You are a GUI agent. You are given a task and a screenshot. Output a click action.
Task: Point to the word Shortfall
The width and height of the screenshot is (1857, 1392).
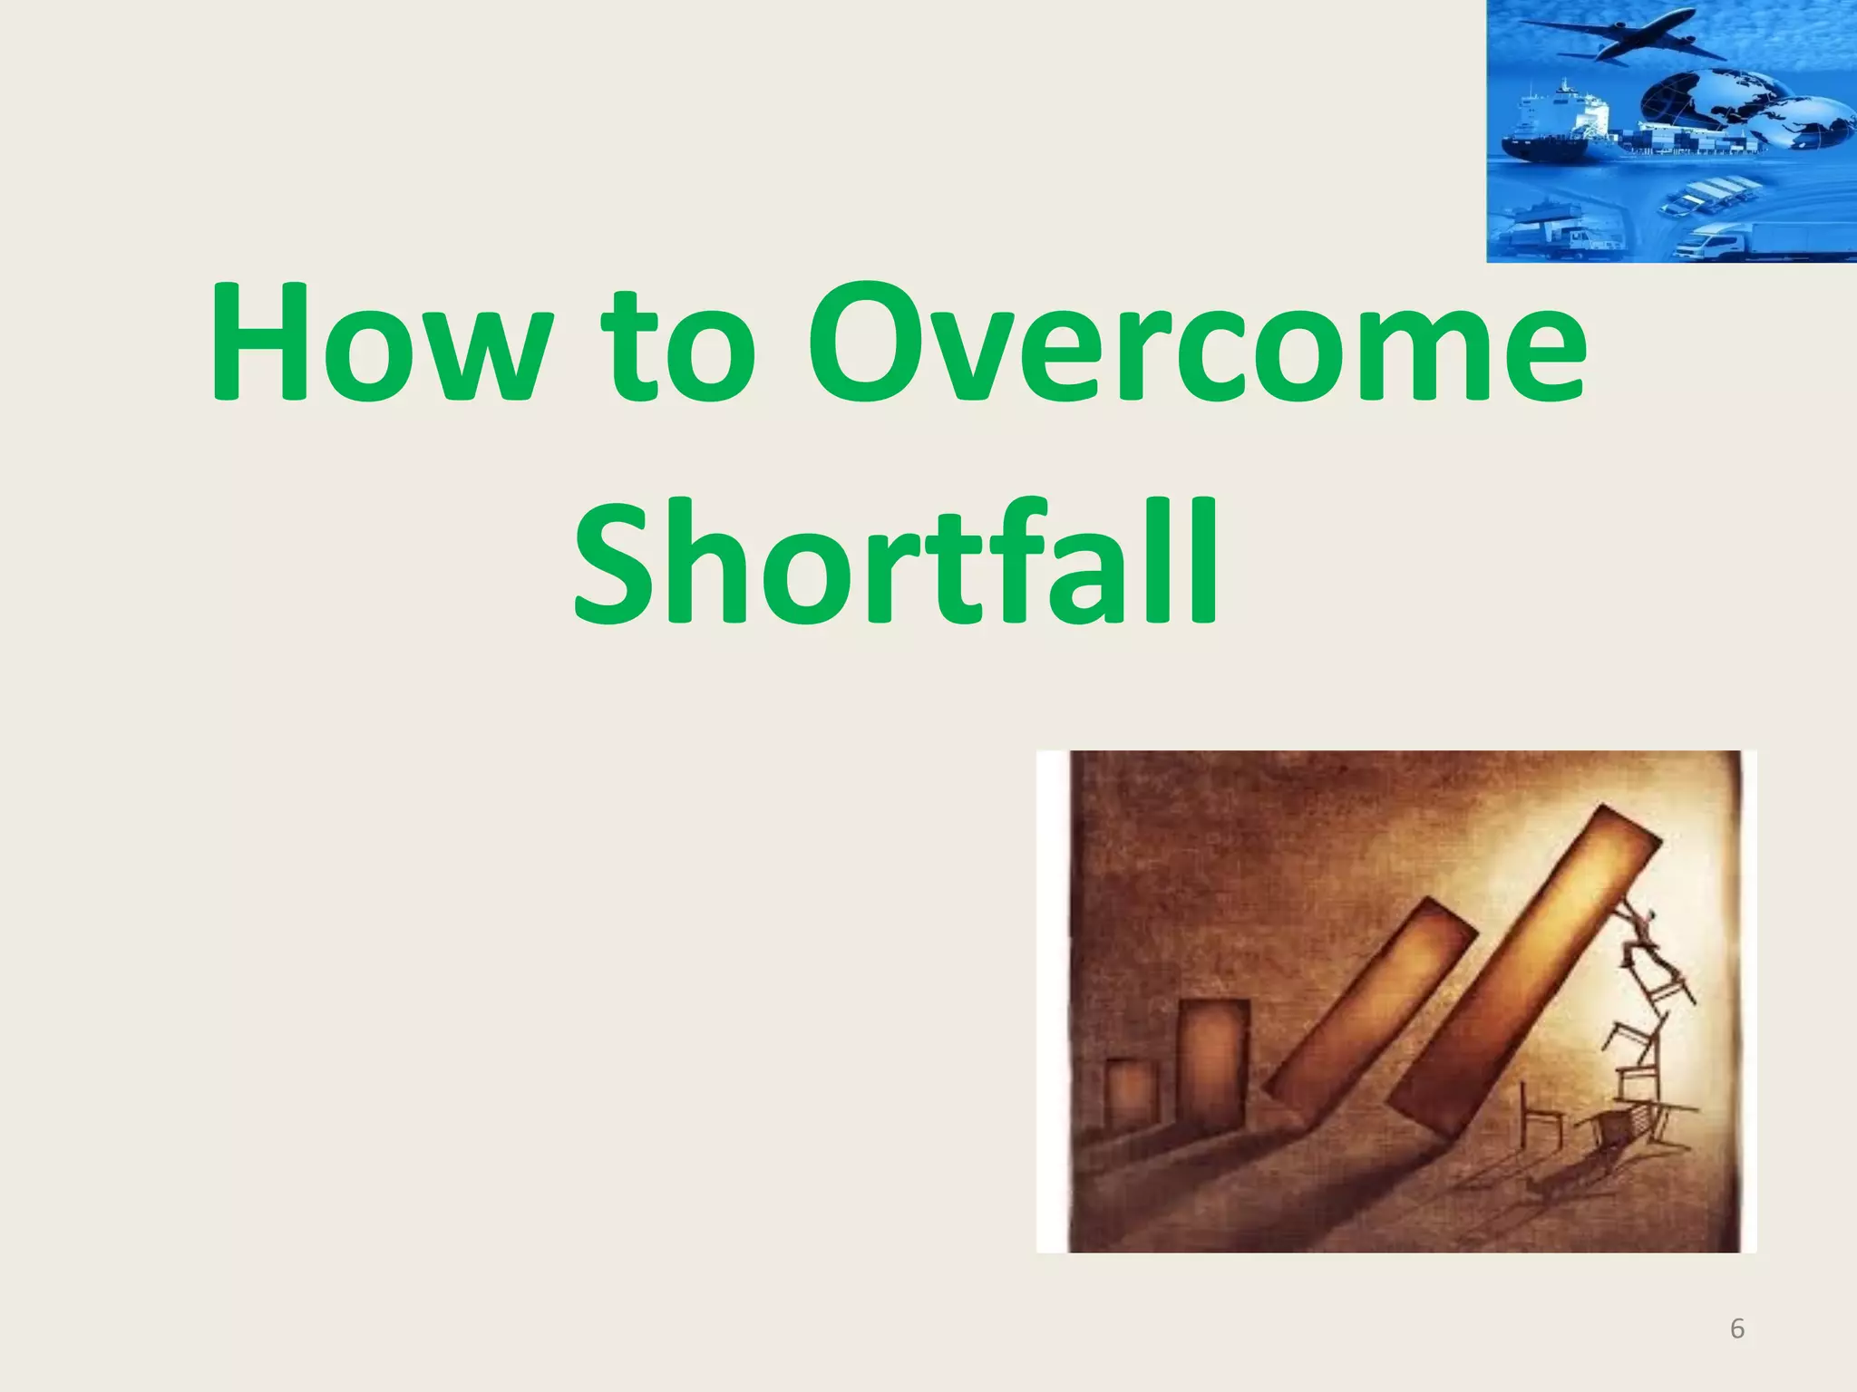click(896, 562)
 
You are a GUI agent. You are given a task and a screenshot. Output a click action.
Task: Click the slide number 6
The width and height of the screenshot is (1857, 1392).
click(1737, 1329)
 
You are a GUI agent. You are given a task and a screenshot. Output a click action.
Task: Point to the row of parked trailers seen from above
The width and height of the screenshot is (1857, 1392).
click(1705, 196)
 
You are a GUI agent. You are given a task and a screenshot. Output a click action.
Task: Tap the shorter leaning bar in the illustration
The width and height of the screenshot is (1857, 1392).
click(1369, 1006)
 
